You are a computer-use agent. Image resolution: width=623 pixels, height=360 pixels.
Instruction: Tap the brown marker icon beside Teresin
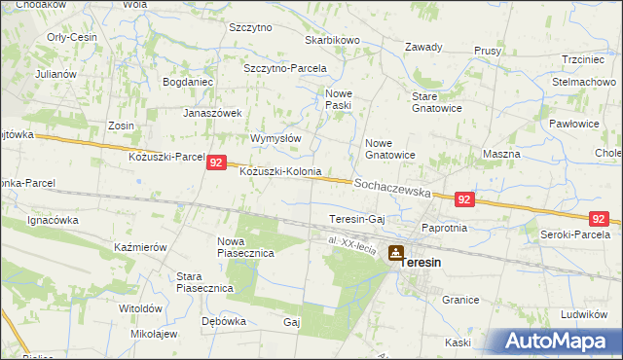395,254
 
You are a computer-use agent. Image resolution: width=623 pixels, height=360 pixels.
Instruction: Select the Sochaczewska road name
392,188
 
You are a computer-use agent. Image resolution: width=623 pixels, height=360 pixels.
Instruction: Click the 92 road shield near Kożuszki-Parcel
217,164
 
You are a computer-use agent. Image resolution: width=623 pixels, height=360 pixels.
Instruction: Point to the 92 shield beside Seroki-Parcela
600,220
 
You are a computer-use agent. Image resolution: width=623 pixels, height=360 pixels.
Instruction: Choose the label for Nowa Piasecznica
245,247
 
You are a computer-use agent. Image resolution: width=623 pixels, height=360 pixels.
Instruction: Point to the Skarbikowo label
333,40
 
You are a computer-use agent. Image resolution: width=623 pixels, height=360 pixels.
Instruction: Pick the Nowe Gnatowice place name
390,149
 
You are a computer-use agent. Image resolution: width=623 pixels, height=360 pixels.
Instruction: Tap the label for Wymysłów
275,138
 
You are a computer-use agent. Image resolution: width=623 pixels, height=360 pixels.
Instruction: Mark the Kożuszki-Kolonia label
280,171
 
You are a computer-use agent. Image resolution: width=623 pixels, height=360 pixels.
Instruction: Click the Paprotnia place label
444,228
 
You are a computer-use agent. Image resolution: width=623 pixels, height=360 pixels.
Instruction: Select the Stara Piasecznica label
202,282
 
